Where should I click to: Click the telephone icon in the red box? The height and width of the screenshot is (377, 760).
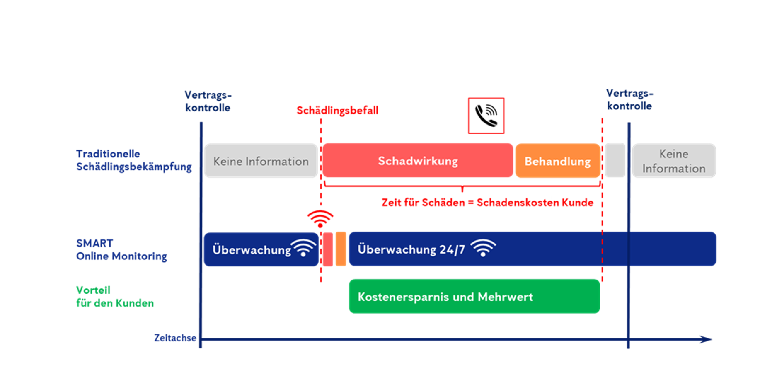[x=486, y=116]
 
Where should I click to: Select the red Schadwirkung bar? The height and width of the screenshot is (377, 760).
[x=418, y=161]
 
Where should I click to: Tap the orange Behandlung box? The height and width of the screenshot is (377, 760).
[x=557, y=161]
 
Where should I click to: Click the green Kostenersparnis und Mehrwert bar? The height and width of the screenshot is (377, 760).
[x=474, y=297]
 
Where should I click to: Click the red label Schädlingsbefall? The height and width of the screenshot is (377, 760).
[x=337, y=111]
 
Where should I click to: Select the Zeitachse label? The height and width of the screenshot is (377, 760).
[x=175, y=338]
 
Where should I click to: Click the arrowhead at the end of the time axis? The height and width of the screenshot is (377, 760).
[x=706, y=339]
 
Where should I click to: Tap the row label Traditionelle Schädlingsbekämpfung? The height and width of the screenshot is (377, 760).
[x=133, y=160]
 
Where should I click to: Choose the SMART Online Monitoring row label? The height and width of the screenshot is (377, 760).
[x=121, y=250]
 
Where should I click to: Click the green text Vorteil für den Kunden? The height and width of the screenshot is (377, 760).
[x=114, y=297]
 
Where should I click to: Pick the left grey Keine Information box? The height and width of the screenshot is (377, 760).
[x=261, y=161]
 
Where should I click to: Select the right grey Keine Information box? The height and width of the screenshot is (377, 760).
[x=673, y=161]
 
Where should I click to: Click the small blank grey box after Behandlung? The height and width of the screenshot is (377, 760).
[x=615, y=161]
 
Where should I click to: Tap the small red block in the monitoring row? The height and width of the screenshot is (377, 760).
[x=328, y=249]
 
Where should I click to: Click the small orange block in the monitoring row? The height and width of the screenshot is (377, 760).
[x=341, y=249]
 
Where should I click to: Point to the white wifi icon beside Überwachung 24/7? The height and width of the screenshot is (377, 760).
[x=483, y=248]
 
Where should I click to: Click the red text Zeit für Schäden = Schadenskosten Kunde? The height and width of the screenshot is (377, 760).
[x=487, y=203]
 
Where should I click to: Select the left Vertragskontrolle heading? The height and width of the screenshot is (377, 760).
[x=208, y=101]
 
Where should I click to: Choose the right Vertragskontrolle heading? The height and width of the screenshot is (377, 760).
[x=629, y=100]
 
